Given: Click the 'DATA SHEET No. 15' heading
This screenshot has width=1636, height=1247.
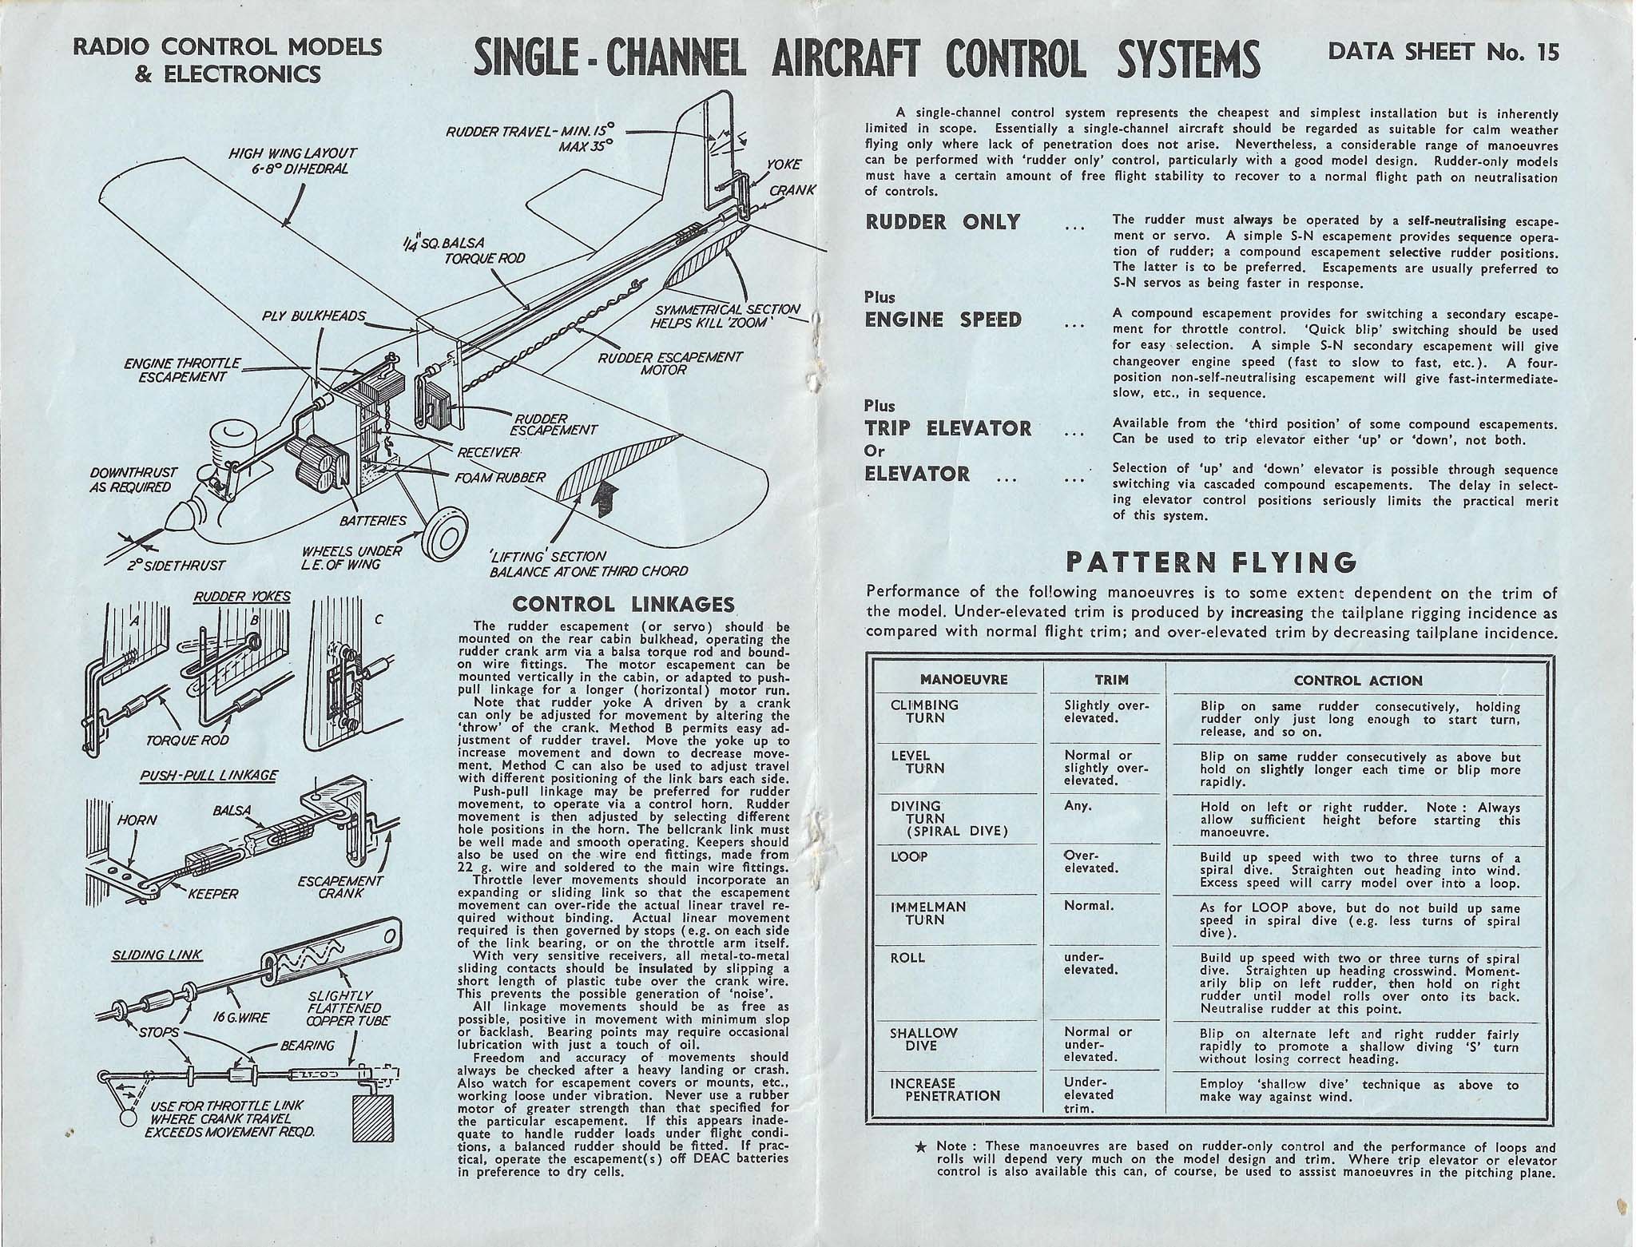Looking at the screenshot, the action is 1442,51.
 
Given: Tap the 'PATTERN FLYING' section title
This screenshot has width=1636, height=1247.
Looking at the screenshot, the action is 1212,563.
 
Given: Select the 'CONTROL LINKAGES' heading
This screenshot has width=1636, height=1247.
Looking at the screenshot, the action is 622,605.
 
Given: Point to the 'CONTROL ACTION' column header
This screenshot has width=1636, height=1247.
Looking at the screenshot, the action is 1358,681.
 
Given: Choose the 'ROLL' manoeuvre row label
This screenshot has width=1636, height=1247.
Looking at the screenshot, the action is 907,958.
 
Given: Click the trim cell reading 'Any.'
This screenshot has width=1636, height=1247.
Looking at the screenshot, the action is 1078,806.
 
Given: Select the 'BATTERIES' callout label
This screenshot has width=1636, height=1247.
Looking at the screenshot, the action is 373,522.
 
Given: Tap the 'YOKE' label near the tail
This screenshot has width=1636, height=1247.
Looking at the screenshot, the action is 784,165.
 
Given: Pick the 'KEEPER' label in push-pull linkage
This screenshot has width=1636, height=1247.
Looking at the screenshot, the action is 212,894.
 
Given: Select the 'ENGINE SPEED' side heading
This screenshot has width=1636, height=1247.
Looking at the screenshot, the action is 943,320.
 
